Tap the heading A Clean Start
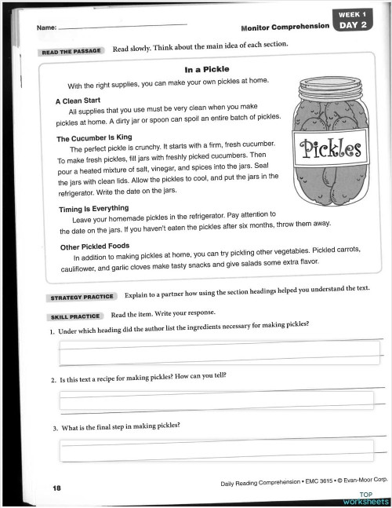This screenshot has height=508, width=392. pyautogui.click(x=78, y=101)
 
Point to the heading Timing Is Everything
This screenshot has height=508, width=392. pyautogui.click(x=94, y=208)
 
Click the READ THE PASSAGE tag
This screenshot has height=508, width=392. pyautogui.click(x=71, y=52)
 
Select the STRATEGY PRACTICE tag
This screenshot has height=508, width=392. pyautogui.click(x=82, y=298)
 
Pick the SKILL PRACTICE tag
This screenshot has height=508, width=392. pyautogui.click(x=75, y=316)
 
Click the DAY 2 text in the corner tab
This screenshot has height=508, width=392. pyautogui.click(x=354, y=24)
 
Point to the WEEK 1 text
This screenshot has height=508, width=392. pyautogui.click(x=354, y=13)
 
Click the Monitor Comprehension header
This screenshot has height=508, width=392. pyautogui.click(x=285, y=26)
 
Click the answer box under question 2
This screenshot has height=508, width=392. pyautogui.click(x=222, y=400)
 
